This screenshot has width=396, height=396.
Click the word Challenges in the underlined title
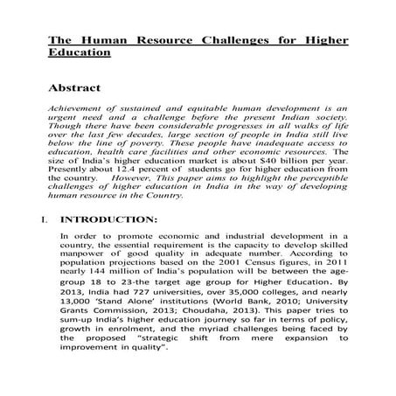coord(221,39)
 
